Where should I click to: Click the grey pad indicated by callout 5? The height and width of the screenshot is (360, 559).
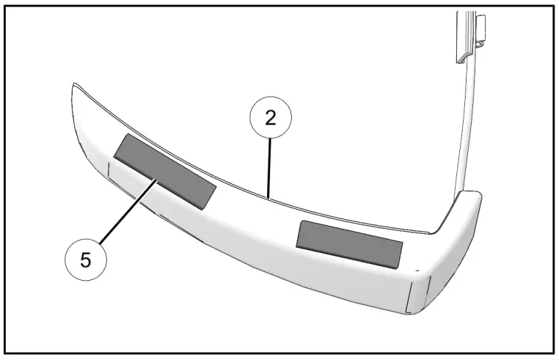[165, 169]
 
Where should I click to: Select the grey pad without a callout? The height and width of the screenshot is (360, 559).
[349, 242]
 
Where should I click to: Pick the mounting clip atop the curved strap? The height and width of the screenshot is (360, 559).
[467, 33]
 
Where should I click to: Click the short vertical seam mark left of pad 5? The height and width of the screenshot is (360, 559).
[109, 172]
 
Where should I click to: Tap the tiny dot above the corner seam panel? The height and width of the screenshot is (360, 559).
[416, 269]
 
